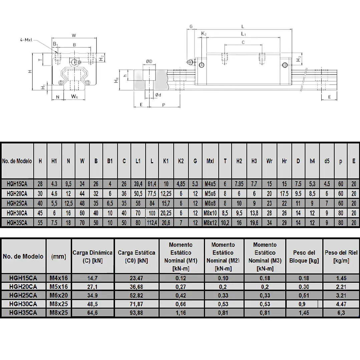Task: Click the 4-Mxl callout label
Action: tap(26, 40)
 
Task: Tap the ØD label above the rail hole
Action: tap(149, 61)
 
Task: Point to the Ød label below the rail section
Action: tap(158, 95)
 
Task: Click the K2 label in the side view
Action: tap(204, 34)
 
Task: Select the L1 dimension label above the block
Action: tap(243, 34)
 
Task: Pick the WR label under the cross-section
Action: tap(74, 97)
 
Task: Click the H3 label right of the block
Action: tap(299, 59)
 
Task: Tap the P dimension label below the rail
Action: tap(164, 105)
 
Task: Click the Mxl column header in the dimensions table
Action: tap(210, 161)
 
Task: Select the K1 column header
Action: tap(166, 161)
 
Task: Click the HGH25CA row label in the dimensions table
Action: tap(17, 204)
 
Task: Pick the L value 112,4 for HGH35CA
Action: tap(152, 223)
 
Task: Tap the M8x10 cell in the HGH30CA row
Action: tap(210, 213)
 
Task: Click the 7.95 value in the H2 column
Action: tap(239, 184)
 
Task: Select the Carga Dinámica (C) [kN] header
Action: tap(92, 257)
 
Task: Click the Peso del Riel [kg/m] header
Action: tap(341, 257)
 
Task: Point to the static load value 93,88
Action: tap(136, 313)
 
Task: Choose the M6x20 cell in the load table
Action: tap(59, 295)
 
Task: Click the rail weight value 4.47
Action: tap(341, 304)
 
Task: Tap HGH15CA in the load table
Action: tap(23, 278)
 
